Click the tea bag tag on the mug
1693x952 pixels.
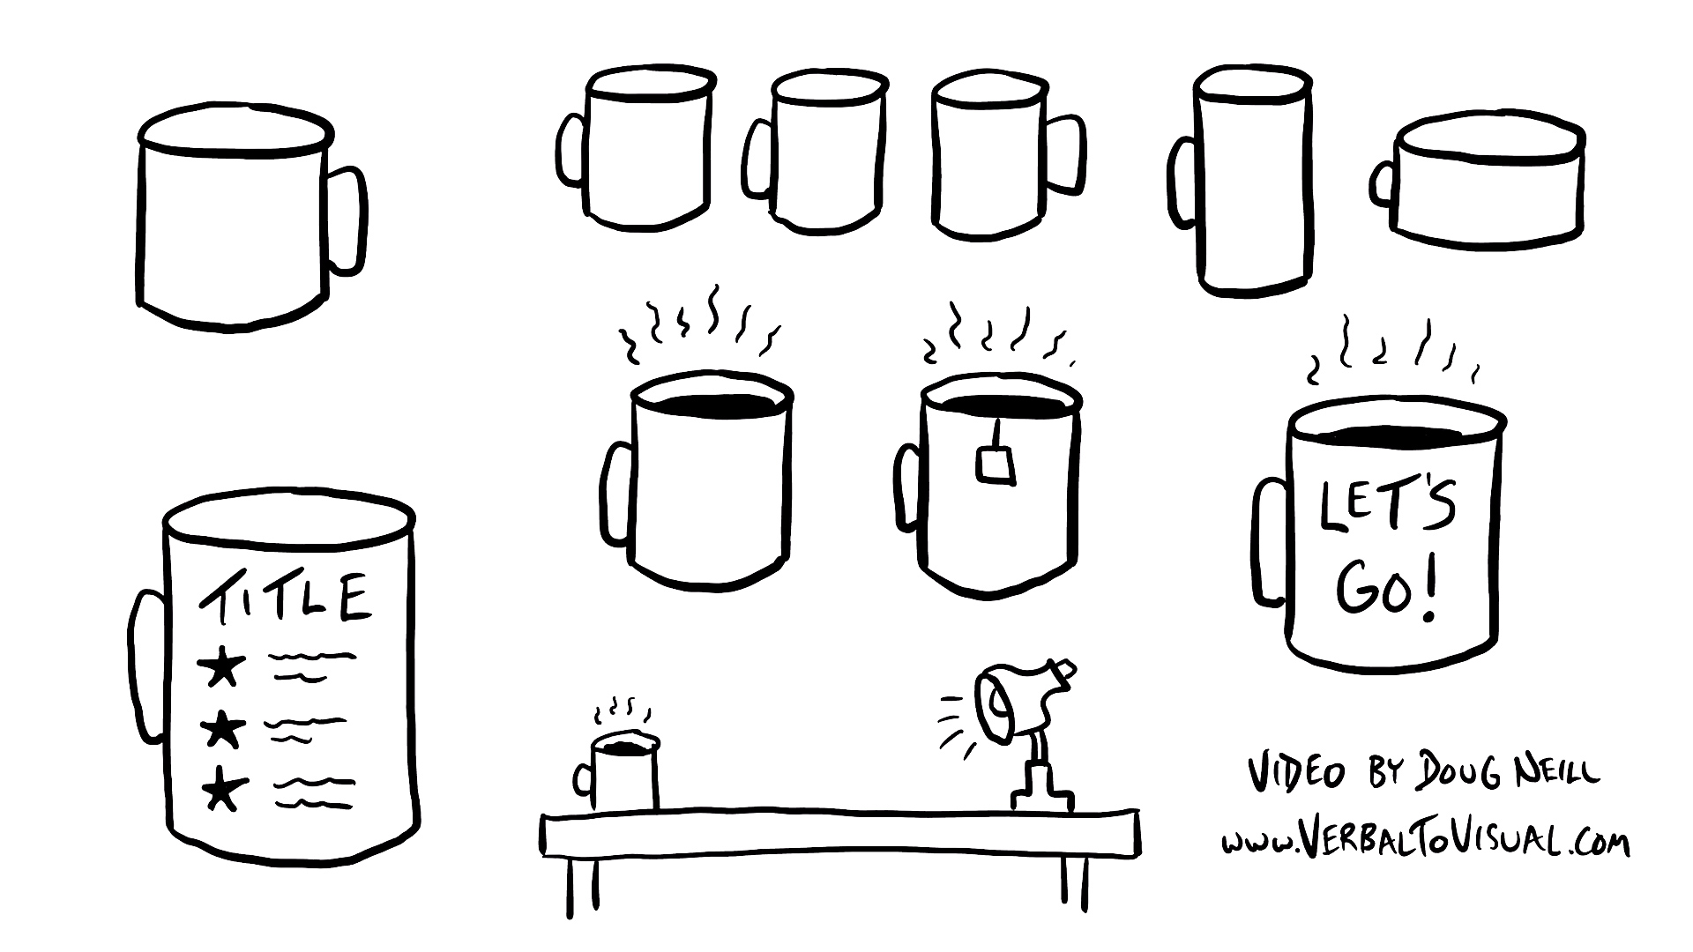[x=996, y=465]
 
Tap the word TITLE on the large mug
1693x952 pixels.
[x=284, y=596]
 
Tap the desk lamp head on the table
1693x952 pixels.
[x=1005, y=702]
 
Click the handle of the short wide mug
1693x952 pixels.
[x=1382, y=183]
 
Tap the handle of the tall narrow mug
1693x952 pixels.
[x=1182, y=181]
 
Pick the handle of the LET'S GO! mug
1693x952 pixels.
[x=1270, y=541]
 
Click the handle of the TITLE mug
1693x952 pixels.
[x=147, y=666]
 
